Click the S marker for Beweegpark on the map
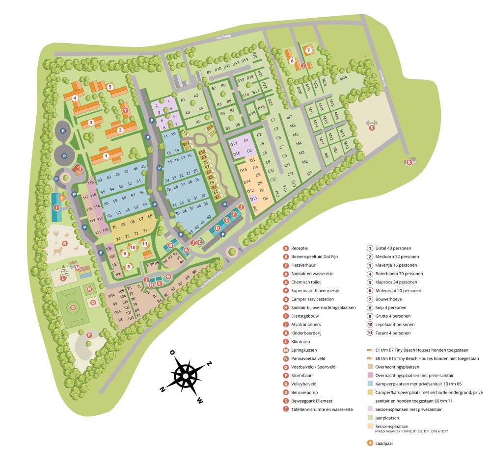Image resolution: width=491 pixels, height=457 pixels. tap(372, 128)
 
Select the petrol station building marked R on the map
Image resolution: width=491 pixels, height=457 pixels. tap(409, 162)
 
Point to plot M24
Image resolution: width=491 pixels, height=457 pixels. tap(343, 77)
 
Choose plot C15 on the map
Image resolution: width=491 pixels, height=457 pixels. tap(294, 184)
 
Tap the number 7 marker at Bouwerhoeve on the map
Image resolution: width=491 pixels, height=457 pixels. tap(308, 50)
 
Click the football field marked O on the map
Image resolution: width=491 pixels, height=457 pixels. tap(74, 307)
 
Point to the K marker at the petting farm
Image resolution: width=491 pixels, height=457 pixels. tap(64, 243)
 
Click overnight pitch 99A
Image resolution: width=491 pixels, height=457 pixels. tap(111, 296)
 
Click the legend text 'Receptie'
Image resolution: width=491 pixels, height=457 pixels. tap(300, 248)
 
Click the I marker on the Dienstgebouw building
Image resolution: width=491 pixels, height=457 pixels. tap(56, 207)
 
